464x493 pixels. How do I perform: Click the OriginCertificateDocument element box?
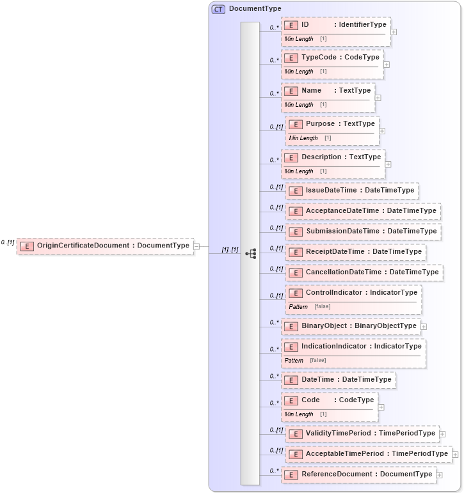click(106, 246)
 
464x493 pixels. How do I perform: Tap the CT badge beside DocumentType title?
click(219, 9)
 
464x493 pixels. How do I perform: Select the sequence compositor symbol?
click(251, 254)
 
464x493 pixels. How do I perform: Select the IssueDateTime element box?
click(352, 191)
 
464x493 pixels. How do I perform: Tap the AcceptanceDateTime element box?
click(363, 211)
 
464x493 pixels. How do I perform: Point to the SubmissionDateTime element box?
click(364, 231)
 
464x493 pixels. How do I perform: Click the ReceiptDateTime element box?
click(356, 252)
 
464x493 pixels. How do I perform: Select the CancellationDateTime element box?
click(364, 272)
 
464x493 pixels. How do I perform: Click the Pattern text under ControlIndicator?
click(298, 307)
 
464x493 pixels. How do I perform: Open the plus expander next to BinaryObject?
click(424, 327)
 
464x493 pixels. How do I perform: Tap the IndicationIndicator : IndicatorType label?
click(361, 347)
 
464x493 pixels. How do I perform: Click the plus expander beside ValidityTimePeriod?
click(442, 434)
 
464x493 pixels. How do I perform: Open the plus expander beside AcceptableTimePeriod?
click(455, 455)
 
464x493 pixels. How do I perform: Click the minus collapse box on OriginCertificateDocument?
click(196, 246)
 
